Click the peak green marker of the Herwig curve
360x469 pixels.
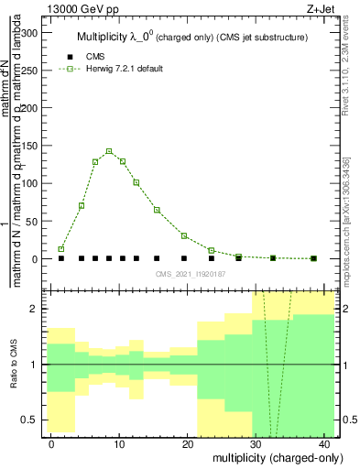coord(109,151)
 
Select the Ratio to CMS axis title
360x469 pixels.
coord(13,365)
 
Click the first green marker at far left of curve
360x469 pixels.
coord(61,249)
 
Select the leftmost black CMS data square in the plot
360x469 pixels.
coord(61,258)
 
